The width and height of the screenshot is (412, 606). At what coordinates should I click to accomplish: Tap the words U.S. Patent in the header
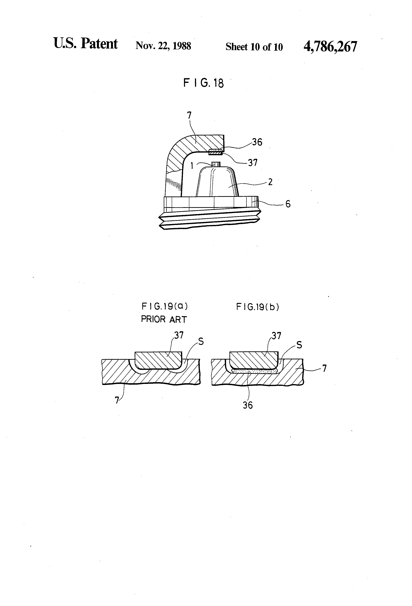click(85, 44)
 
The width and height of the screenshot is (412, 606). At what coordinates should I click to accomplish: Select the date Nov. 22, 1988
click(163, 46)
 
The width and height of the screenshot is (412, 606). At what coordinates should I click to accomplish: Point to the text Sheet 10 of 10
click(254, 47)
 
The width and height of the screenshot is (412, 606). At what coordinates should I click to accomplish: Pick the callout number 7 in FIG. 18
click(189, 115)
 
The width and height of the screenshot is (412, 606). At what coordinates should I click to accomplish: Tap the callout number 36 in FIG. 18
click(257, 142)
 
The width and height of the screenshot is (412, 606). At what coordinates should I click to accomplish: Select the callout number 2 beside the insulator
click(270, 182)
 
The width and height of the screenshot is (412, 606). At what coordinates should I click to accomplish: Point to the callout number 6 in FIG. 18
click(288, 204)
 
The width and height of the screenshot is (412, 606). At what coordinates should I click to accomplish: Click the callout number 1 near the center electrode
click(192, 166)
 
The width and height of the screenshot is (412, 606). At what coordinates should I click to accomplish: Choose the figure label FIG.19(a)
click(165, 306)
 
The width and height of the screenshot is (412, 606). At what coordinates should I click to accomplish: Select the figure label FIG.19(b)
click(257, 307)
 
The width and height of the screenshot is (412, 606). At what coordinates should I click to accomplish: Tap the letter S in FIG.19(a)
click(201, 342)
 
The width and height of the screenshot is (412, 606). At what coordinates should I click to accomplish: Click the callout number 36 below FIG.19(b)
click(248, 405)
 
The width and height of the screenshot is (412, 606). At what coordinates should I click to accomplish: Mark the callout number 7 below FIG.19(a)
click(117, 400)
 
